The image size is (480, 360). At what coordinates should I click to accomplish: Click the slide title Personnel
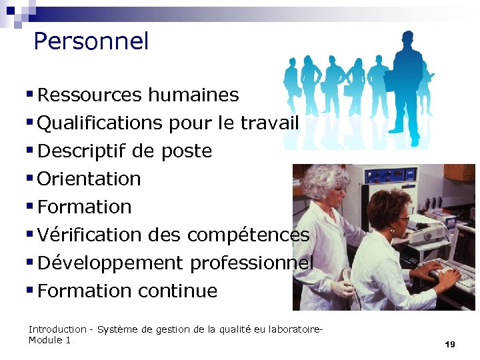[91, 41]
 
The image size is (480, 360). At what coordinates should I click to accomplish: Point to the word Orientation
[89, 179]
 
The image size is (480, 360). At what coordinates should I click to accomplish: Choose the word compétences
[248, 235]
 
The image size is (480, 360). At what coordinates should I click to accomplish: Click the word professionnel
[251, 263]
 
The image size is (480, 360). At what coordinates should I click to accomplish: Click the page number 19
[449, 344]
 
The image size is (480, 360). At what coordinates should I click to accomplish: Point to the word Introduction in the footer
[57, 329]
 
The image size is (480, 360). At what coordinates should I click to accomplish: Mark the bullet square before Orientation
[31, 178]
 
